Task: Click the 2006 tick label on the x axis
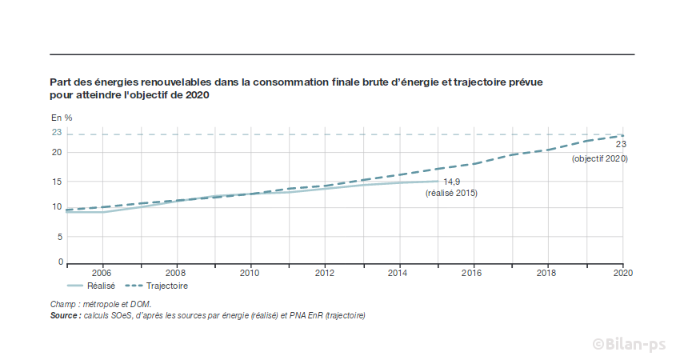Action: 102,273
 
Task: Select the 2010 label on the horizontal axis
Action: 250,273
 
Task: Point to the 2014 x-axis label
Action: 398,273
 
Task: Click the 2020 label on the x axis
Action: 622,273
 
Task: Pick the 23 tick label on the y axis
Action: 57,133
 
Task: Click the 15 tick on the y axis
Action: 57,182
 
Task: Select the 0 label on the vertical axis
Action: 60,262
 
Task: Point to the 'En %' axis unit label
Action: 62,118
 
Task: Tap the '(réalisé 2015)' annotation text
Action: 451,193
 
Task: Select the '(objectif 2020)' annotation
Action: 599,159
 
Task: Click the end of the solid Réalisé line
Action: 437,181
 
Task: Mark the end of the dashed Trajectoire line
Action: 622,135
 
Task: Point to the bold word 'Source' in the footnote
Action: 64,315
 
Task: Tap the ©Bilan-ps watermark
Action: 629,342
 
